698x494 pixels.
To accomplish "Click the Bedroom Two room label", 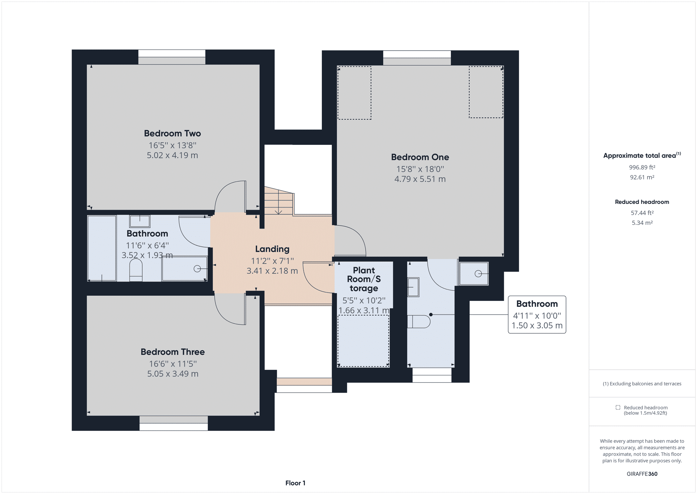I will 172,133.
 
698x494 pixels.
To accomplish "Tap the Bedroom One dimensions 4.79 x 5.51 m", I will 420,179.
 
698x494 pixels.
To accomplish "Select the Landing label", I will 272,249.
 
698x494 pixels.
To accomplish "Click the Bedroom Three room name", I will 173,352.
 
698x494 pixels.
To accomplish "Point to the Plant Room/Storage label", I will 364,279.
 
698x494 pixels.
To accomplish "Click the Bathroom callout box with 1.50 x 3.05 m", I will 537,315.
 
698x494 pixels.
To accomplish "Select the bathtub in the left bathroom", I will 102,248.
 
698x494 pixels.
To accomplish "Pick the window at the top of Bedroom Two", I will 172,57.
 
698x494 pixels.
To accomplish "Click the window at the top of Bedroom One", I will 417,58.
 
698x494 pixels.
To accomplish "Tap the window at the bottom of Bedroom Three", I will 173,423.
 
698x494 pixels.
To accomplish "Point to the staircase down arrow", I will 279,211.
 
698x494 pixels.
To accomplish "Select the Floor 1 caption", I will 295,483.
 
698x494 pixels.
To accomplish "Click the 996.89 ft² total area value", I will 642,168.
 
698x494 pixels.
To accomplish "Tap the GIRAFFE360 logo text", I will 642,474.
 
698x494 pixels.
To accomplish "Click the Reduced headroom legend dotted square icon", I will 618,407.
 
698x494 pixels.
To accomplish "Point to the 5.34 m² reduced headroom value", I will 642,223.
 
